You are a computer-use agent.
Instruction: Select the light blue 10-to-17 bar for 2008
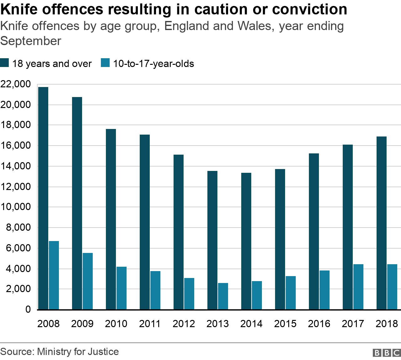click(54, 275)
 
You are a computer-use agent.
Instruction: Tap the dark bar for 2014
click(246, 241)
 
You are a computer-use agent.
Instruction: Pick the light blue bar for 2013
click(223, 296)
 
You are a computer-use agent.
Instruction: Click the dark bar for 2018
click(382, 223)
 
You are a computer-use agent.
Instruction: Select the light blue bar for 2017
click(358, 287)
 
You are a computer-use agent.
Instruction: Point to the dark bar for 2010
click(111, 219)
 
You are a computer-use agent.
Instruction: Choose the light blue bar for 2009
click(88, 281)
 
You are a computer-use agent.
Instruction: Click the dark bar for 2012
click(179, 232)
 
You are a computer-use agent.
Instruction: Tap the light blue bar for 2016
click(325, 290)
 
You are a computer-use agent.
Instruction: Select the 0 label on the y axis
click(28, 309)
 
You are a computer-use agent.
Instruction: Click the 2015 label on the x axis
click(285, 324)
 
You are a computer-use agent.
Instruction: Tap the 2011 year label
click(150, 324)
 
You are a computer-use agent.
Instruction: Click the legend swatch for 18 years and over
click(4, 63)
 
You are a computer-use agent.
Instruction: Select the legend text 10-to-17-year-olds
click(154, 64)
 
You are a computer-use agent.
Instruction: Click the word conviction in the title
click(310, 9)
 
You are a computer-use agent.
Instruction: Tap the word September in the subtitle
click(31, 41)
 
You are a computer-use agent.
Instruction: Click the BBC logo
click(387, 352)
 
